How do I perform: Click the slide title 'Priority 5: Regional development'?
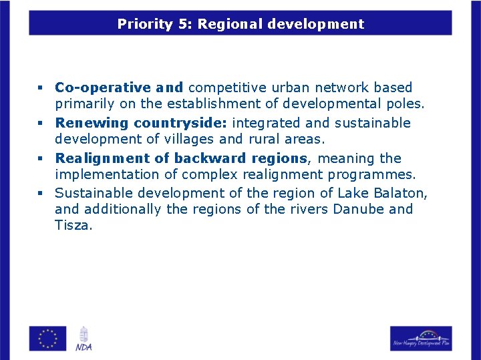240,25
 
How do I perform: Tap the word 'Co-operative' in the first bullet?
102,87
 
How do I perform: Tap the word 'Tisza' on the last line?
73,225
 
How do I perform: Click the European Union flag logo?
47,338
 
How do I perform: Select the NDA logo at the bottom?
84,339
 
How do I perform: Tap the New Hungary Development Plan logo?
421,338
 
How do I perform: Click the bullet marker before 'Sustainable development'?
40,194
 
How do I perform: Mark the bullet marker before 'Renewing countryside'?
40,124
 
